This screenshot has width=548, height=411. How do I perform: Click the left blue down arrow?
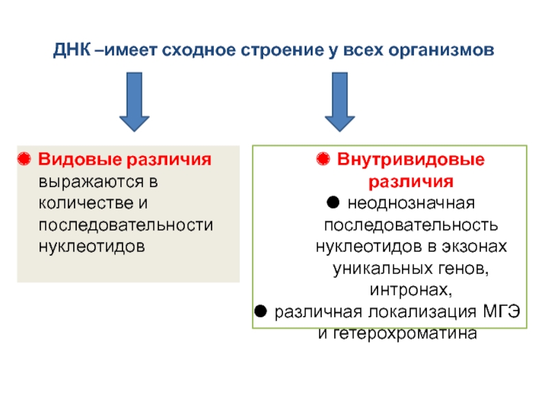[x=135, y=103]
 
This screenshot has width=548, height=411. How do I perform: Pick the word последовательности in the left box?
[x=125, y=225]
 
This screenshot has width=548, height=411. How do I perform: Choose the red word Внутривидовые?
[x=411, y=160]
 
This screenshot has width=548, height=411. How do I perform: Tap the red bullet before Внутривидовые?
[x=323, y=160]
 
